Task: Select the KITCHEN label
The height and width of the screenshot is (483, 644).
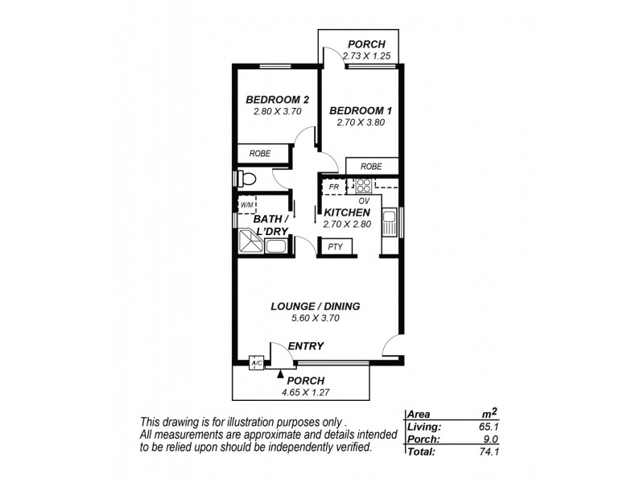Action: click(347, 213)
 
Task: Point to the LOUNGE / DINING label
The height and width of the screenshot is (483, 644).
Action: click(315, 306)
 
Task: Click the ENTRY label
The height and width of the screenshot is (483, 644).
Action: click(307, 346)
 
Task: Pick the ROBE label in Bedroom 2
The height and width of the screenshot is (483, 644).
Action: click(259, 153)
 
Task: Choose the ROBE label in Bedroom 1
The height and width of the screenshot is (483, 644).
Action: click(371, 167)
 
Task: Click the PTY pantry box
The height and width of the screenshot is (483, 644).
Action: click(335, 246)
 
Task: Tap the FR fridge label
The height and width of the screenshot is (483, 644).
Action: click(332, 187)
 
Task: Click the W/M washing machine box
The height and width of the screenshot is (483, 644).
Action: click(246, 205)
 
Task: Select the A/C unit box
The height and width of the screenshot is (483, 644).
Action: click(257, 363)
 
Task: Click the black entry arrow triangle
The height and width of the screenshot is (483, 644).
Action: click(280, 374)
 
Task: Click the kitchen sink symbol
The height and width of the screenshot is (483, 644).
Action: click(389, 221)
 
